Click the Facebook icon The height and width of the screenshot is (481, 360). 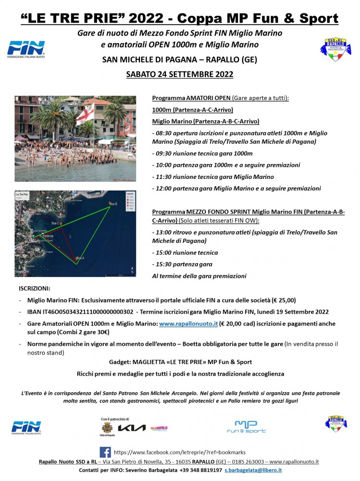point(105,453)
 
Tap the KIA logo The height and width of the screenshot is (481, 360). point(131,428)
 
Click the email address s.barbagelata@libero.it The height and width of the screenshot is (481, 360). point(253,470)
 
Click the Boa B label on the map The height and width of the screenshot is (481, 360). point(113,204)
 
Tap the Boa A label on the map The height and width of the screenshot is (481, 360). point(80,258)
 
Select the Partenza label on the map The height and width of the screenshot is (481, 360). point(48,236)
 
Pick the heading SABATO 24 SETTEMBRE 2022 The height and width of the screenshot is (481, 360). point(179,74)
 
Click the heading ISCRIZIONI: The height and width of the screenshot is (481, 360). point(35,289)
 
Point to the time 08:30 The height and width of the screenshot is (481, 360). point(164,133)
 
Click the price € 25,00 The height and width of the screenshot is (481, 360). point(282,300)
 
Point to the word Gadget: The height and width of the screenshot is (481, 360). point(121,362)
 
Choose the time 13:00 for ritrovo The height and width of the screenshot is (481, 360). point(164,232)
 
